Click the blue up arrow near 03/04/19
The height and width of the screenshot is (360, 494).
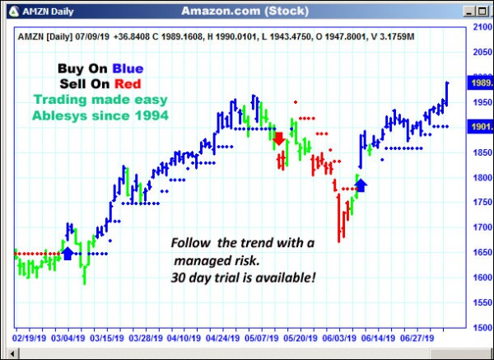(68, 252)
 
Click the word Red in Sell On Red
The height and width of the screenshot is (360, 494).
(127, 84)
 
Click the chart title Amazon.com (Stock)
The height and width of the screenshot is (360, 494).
(245, 11)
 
